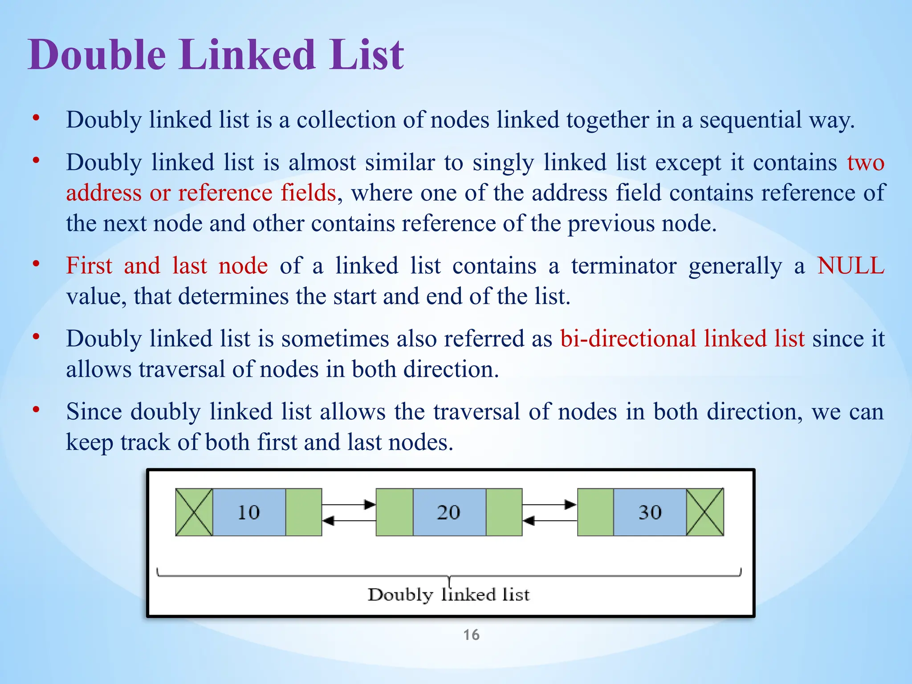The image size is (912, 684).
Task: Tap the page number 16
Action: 471,635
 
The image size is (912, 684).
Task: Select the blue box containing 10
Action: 249,512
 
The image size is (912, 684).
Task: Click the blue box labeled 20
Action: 449,512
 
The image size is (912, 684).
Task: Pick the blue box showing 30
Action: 650,512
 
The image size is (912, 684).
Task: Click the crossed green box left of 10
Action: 194,512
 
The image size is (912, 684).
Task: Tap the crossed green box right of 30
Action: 705,512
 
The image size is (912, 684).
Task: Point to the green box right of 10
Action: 304,512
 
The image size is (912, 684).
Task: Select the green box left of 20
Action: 395,512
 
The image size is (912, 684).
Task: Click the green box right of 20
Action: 504,512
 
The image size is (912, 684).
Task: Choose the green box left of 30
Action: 595,512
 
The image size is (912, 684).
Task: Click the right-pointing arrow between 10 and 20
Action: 349,505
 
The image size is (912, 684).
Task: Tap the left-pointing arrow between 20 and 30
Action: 550,520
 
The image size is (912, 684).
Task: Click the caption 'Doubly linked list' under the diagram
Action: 448,595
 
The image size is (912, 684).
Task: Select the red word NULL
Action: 851,266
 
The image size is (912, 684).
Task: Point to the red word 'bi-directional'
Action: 628,338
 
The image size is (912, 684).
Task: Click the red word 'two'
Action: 866,163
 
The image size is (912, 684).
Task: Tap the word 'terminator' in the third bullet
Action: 624,266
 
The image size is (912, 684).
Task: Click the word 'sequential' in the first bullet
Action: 750,120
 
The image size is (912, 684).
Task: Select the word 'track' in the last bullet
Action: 146,442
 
